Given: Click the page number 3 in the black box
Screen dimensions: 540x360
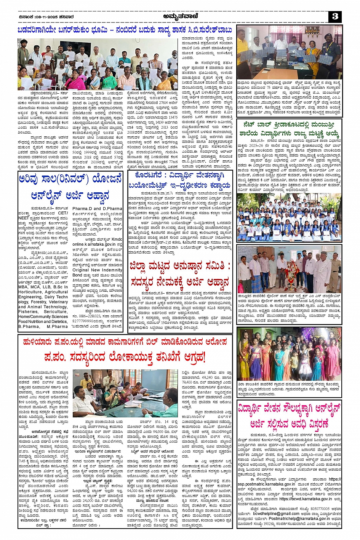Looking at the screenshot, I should [x=335, y=16].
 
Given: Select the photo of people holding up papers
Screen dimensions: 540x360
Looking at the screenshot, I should [x=98, y=64].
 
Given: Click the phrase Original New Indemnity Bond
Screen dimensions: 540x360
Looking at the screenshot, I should [x=97, y=272].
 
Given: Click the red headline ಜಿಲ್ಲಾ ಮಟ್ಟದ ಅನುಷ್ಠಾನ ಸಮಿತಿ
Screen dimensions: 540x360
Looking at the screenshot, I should [x=180, y=274].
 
